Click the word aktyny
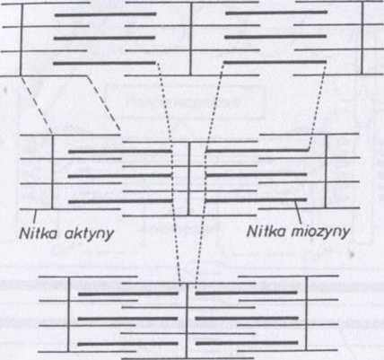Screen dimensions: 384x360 tap(89, 233)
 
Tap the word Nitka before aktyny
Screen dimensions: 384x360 tap(38, 233)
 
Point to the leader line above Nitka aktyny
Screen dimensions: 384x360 tap(35, 216)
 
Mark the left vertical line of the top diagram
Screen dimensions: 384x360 tap(22, 39)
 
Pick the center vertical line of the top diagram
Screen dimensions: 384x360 tap(190, 39)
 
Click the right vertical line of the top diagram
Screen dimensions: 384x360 tap(362, 38)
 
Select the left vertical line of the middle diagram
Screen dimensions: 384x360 tap(52, 172)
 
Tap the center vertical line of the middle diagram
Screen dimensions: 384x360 tap(189, 179)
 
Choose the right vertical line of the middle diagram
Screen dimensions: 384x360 tap(326, 171)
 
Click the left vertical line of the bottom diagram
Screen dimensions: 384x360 tap(68, 314)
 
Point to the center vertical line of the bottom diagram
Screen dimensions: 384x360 tap(187, 320)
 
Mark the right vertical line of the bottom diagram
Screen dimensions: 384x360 tap(306, 313)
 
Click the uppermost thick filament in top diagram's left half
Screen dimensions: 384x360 tap(106, 14)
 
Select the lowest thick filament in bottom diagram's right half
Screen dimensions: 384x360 tap(247, 343)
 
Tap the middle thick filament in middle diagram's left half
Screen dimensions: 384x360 tap(120, 176)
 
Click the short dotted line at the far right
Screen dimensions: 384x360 tap(318, 105)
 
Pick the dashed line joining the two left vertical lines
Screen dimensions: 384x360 tap(37, 105)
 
